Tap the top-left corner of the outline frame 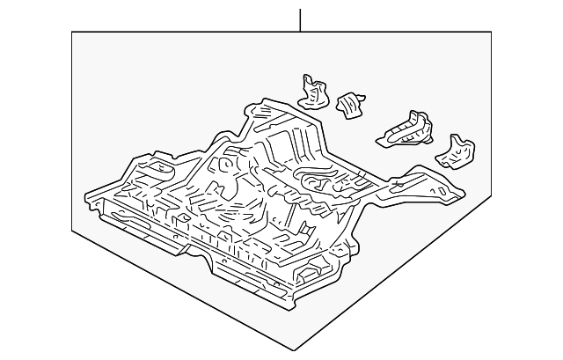coord(72,32)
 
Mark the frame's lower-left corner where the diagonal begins coord(72,231)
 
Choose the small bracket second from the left coord(351,104)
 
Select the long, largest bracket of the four coord(406,128)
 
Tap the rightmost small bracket coord(457,151)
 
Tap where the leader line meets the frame coord(300,32)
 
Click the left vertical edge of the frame coord(72,132)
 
